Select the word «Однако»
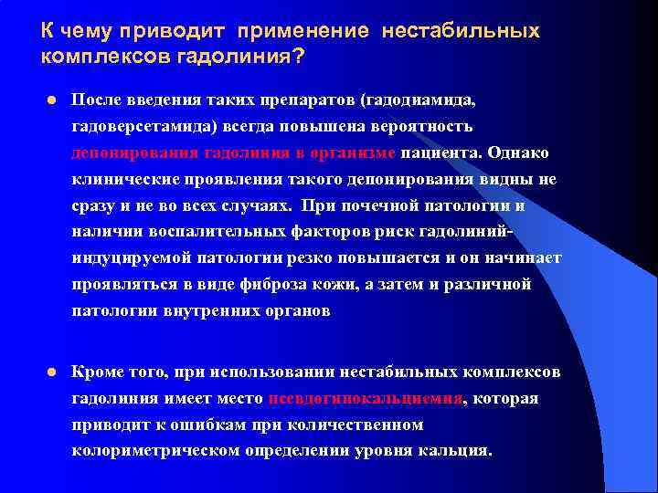pyautogui.click(x=524, y=152)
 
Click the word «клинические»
pyautogui.click(x=118, y=179)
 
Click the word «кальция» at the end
pyautogui.click(x=460, y=451)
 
